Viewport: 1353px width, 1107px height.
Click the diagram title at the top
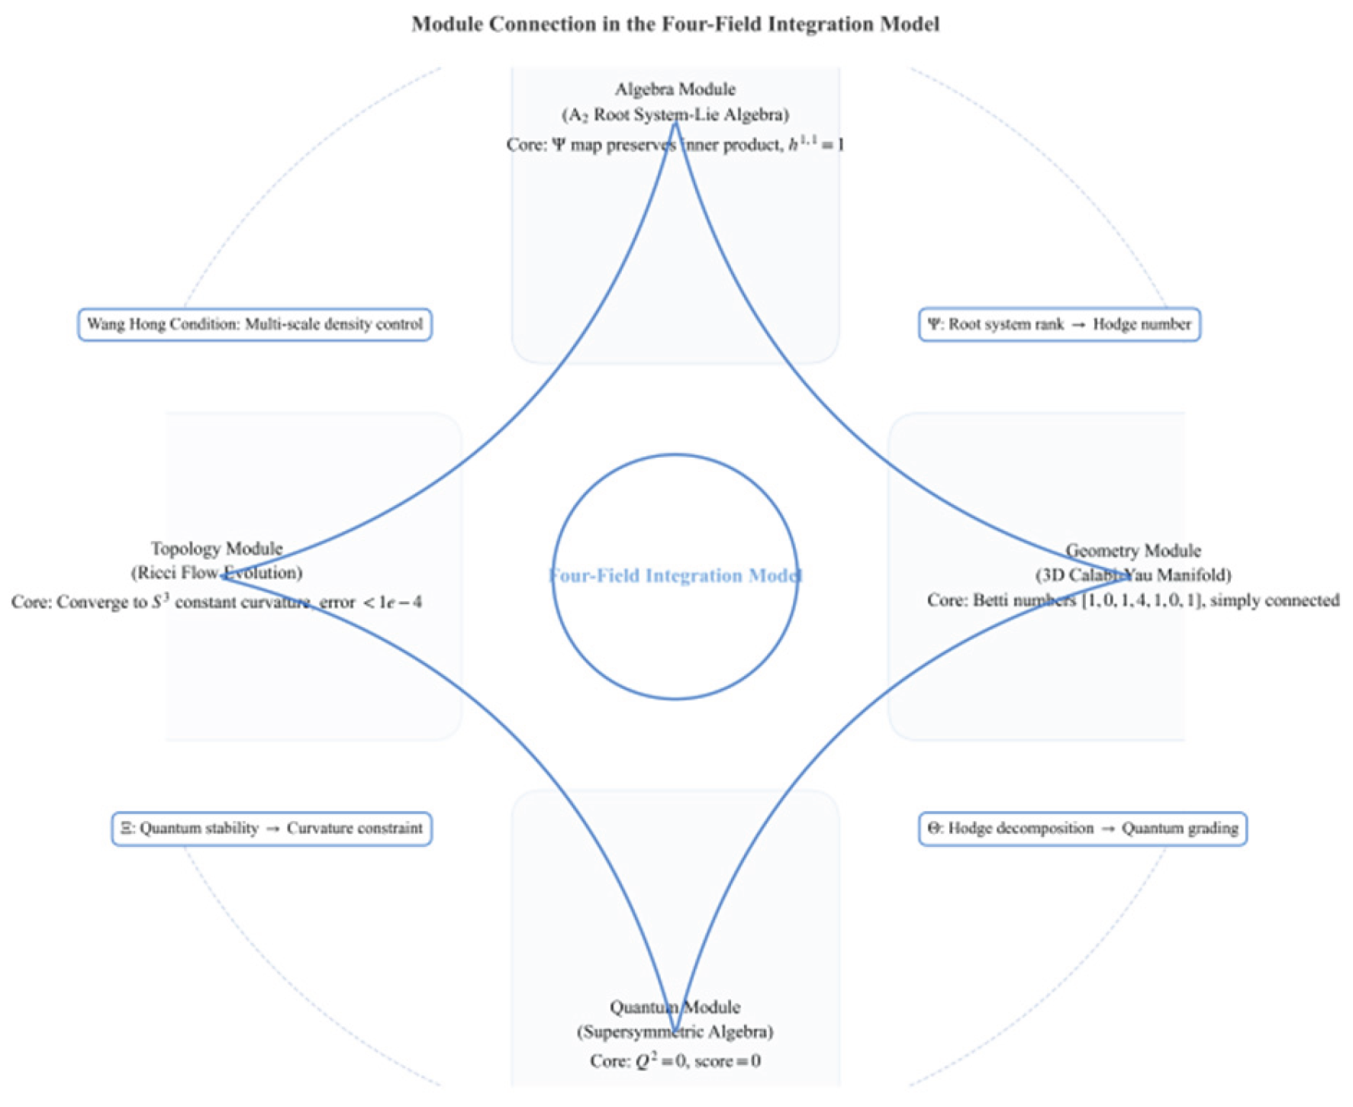675,24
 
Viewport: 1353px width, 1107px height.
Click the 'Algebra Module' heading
675,89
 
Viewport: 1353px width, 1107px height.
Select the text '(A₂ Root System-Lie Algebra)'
675,115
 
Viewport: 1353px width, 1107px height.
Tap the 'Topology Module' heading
217,549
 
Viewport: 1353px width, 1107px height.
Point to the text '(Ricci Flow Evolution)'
217,573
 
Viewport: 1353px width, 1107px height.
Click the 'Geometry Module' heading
1133,550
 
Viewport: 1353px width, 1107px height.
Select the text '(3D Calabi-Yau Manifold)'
1133,574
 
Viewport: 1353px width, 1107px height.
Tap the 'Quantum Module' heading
675,1007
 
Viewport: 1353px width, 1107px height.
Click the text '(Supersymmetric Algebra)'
675,1032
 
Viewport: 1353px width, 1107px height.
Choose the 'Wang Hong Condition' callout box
255,324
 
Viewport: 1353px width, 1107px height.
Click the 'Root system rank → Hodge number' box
1059,324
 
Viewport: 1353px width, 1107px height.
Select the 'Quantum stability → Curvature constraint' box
272,829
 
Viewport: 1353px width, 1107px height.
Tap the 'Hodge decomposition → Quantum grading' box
1082,829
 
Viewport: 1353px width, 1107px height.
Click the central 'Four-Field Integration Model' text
675,576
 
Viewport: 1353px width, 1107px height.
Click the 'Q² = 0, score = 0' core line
675,1061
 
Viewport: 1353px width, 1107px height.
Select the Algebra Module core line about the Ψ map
675,144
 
